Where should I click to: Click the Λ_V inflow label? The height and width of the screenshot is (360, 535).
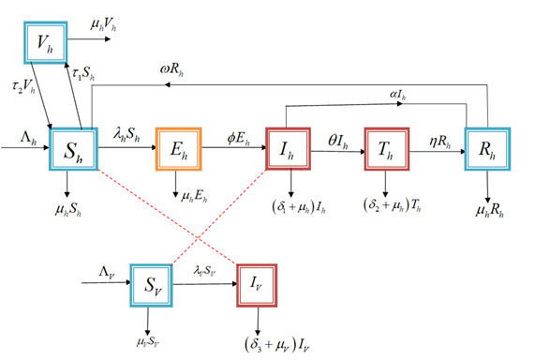click(x=110, y=270)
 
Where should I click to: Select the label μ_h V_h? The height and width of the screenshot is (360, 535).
click(x=102, y=21)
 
